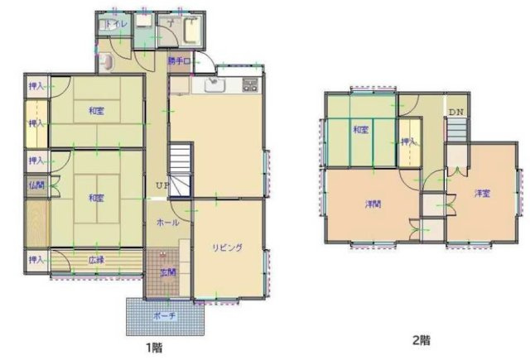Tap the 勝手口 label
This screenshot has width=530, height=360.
coord(179,61)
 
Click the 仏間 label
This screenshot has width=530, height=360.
coord(36,185)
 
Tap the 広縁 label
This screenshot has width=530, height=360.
coord(96,260)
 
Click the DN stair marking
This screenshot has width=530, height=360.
coord(456,112)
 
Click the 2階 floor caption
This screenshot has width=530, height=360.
coord(422,339)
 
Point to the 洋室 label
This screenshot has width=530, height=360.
coord(482,194)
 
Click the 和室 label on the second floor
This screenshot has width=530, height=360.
coord(359,130)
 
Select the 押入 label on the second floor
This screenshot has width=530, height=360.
coord(407,142)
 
